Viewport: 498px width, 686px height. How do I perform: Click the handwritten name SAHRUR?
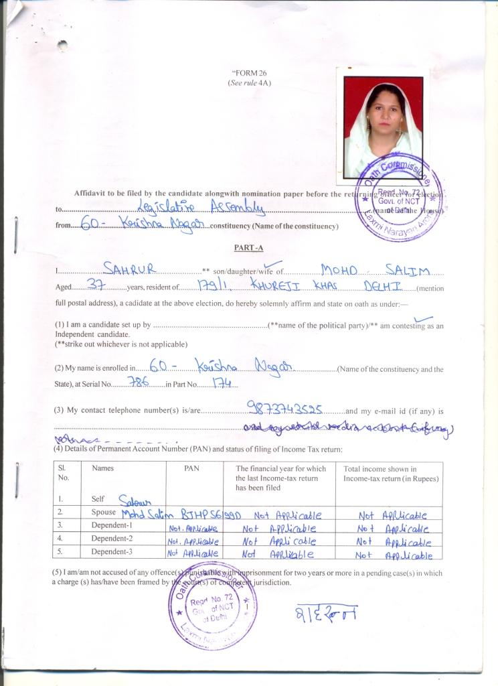(x=131, y=269)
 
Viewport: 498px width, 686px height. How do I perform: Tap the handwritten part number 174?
(x=220, y=383)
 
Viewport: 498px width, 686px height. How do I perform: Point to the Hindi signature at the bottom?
(x=326, y=612)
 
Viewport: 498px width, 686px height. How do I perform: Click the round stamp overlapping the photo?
(x=398, y=197)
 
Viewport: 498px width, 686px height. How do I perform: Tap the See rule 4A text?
(x=248, y=83)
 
